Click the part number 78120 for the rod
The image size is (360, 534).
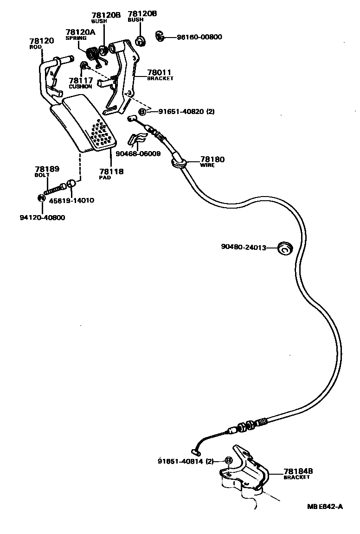tap(41, 41)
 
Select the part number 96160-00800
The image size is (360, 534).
tap(199, 37)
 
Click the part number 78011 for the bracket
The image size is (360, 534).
tap(159, 72)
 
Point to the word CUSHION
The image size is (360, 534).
tap(80, 87)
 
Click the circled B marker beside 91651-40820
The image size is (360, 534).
tap(142, 111)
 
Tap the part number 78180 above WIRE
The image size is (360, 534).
tap(212, 159)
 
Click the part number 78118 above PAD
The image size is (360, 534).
tap(112, 171)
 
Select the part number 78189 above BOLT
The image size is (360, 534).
tap(47, 169)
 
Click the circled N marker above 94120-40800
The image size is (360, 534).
tap(41, 198)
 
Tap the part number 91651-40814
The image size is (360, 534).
tap(181, 461)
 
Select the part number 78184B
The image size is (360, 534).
tap(298, 471)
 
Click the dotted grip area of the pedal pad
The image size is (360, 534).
tap(103, 134)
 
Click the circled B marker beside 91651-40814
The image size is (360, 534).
tap(228, 461)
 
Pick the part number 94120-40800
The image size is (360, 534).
tap(42, 217)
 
